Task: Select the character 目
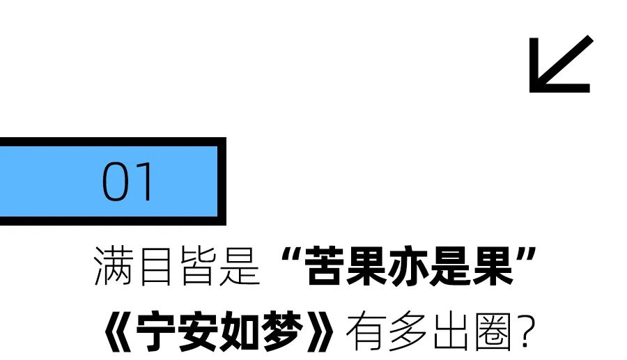click(x=155, y=266)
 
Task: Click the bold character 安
click(x=198, y=331)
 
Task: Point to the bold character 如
click(x=240, y=331)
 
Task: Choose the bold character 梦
click(x=282, y=331)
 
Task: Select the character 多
click(x=408, y=331)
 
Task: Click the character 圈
click(x=493, y=332)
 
